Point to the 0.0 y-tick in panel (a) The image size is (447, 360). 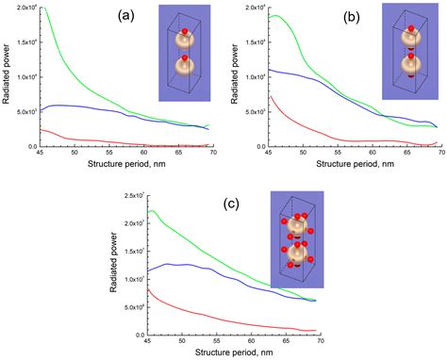(x=30, y=146)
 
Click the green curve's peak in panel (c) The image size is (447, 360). (x=153, y=210)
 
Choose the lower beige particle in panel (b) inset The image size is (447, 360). (x=410, y=69)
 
